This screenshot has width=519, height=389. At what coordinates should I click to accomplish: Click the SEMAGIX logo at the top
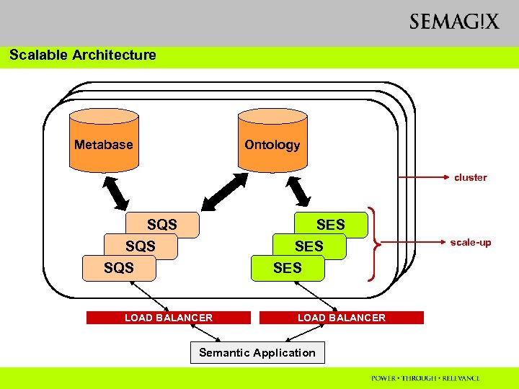point(453,22)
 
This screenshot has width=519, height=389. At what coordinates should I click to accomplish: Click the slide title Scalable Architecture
point(83,55)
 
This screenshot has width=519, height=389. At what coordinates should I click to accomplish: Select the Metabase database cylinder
point(104,140)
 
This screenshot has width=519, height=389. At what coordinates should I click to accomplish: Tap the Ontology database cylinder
point(272,140)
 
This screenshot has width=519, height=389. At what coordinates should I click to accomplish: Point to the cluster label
point(470,177)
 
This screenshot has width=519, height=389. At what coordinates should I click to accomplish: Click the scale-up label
point(471,242)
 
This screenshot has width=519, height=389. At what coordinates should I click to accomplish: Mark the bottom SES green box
point(288,268)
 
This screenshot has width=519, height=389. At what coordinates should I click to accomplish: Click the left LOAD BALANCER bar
point(169,318)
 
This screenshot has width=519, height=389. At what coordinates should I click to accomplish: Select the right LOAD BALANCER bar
point(342,318)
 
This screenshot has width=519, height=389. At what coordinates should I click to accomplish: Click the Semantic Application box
point(257,353)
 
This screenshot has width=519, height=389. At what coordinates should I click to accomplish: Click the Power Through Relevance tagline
point(425,378)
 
